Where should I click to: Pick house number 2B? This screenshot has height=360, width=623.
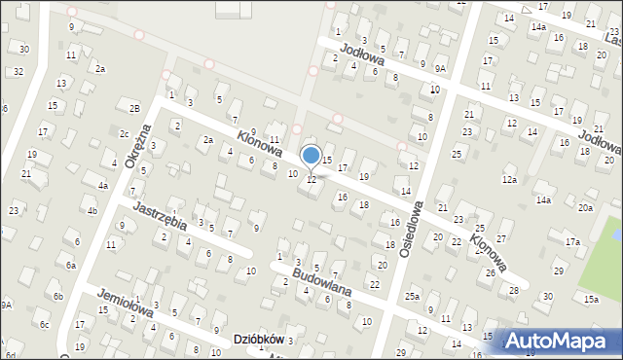tap(135, 107)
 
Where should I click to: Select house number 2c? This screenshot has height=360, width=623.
tap(124, 133)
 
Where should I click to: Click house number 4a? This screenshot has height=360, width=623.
tap(103, 185)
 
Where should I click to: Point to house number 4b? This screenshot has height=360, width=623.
tap(92, 210)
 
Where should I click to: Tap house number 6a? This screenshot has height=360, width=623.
tap(71, 265)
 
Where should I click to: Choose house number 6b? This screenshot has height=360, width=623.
tap(58, 296)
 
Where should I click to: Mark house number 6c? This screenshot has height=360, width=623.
tap(44, 324)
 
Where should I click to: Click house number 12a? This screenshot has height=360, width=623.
tap(509, 179)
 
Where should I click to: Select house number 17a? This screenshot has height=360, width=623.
tap(572, 241)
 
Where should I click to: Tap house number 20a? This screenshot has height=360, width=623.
tap(584, 207)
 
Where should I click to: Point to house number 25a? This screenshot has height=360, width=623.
tap(413, 296)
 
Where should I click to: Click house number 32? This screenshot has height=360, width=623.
tap(18, 71)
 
